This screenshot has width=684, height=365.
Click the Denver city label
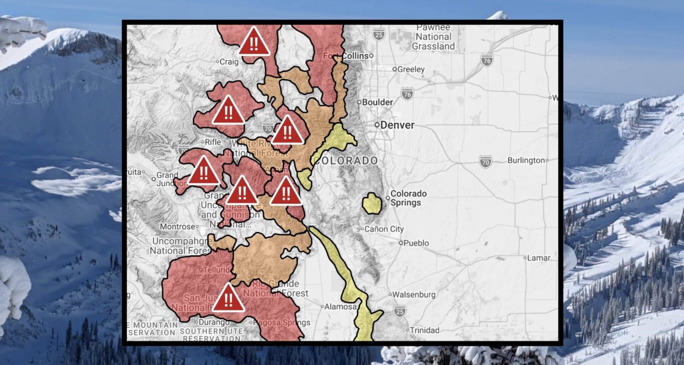(x=397, y=125)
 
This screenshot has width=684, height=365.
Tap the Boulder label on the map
(x=377, y=102)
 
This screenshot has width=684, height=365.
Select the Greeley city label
(x=410, y=70)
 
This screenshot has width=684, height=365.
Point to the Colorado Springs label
(x=408, y=198)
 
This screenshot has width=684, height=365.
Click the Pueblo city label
(x=416, y=243)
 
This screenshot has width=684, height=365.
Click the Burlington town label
(x=526, y=160)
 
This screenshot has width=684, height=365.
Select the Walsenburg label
(x=413, y=295)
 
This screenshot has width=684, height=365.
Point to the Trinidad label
(x=424, y=330)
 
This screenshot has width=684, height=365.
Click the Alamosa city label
(x=340, y=307)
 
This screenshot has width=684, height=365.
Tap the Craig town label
(x=229, y=62)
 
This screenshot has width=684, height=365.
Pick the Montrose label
(x=177, y=227)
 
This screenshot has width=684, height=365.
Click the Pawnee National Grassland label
(x=433, y=37)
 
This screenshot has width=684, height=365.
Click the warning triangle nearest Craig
(x=254, y=42)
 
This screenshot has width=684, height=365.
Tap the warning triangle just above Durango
(x=228, y=299)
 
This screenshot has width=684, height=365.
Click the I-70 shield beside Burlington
(x=485, y=161)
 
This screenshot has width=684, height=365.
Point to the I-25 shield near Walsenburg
(x=400, y=311)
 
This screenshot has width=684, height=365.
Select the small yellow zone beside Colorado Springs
(x=372, y=204)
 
